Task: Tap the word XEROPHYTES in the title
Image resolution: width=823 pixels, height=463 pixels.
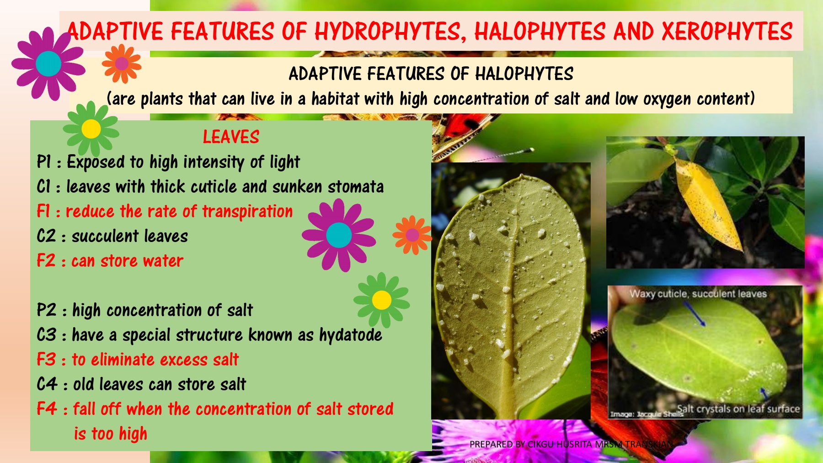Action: click(727, 32)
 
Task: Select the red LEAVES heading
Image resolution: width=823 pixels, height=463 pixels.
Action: click(231, 137)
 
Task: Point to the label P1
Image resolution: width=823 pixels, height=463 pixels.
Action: click(44, 162)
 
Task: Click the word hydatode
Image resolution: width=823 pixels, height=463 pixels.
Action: click(351, 335)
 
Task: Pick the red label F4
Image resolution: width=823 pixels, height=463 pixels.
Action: click(47, 409)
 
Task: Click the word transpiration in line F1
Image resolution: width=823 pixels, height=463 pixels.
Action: click(247, 212)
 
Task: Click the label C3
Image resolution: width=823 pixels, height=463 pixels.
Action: click(47, 335)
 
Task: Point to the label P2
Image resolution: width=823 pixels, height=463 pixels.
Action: click(47, 310)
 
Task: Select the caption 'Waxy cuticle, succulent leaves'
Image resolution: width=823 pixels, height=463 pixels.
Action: click(698, 294)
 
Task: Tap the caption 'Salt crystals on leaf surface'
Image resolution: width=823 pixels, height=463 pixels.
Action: click(738, 409)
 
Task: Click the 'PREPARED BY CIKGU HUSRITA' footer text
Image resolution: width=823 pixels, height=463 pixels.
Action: click(571, 444)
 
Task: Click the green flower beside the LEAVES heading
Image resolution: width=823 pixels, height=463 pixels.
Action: click(91, 129)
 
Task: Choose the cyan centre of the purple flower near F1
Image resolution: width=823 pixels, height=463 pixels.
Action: click(339, 235)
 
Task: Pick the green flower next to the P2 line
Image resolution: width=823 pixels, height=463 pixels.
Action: click(382, 300)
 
